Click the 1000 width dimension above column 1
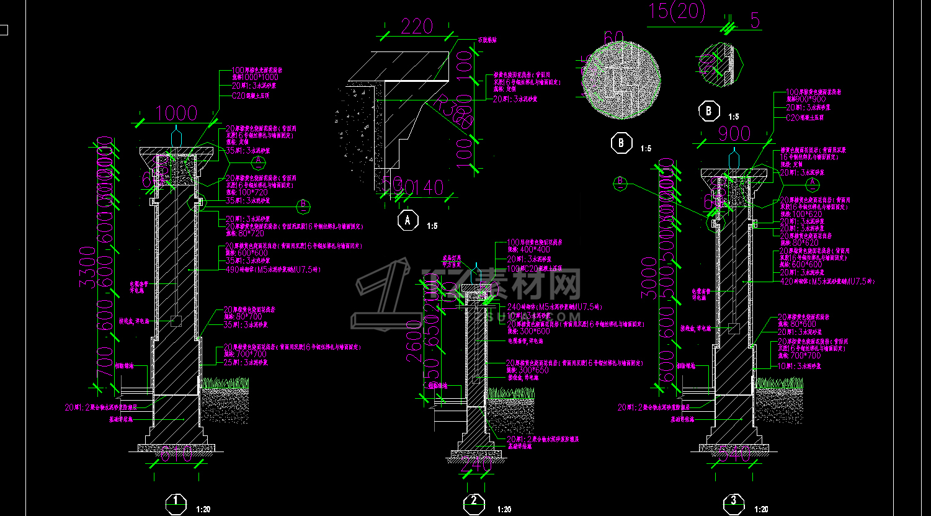pyautogui.click(x=176, y=113)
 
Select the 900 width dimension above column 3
pyautogui.click(x=734, y=134)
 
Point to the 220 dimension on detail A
pyautogui.click(x=416, y=26)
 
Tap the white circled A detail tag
pyautogui.click(x=408, y=220)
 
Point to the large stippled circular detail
pyautogui.click(x=620, y=81)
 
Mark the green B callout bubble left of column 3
pyautogui.click(x=620, y=182)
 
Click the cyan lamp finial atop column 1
pyautogui.click(x=176, y=135)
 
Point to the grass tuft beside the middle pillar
pyautogui.click(x=511, y=393)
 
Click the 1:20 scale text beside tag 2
pyautogui.click(x=504, y=509)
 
